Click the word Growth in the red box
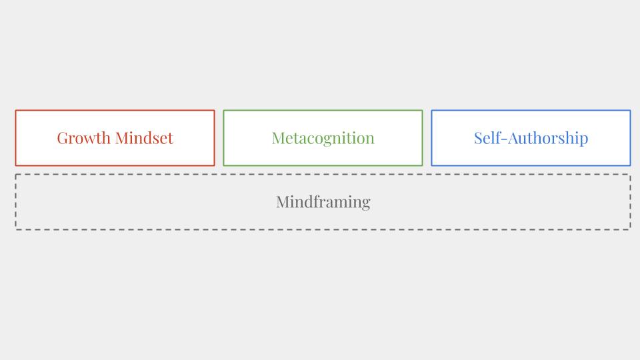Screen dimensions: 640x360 point(84,139)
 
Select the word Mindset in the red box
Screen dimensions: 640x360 point(144,138)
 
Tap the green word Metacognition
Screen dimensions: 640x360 point(323,139)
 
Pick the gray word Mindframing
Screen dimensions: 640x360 point(323,202)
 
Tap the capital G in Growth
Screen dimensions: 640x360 point(63,139)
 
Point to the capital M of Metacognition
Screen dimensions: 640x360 point(279,139)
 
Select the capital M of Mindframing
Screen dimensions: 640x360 point(284,202)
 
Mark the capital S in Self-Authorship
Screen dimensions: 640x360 point(479,139)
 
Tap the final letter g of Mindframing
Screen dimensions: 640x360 point(366,205)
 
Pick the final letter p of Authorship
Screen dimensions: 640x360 point(584,141)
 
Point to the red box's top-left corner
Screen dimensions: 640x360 point(15,110)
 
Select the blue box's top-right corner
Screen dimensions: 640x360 point(631,110)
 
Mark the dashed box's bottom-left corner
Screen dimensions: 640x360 point(15,230)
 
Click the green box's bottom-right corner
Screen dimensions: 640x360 point(423,166)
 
